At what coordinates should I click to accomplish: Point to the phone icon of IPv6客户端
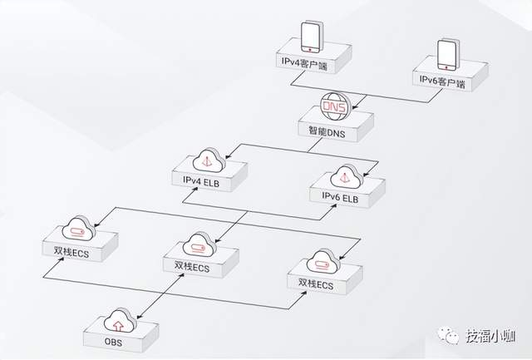[x=447, y=54]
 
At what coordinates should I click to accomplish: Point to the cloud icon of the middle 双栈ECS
[x=197, y=245]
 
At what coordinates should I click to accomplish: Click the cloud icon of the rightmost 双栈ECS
[x=320, y=264]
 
